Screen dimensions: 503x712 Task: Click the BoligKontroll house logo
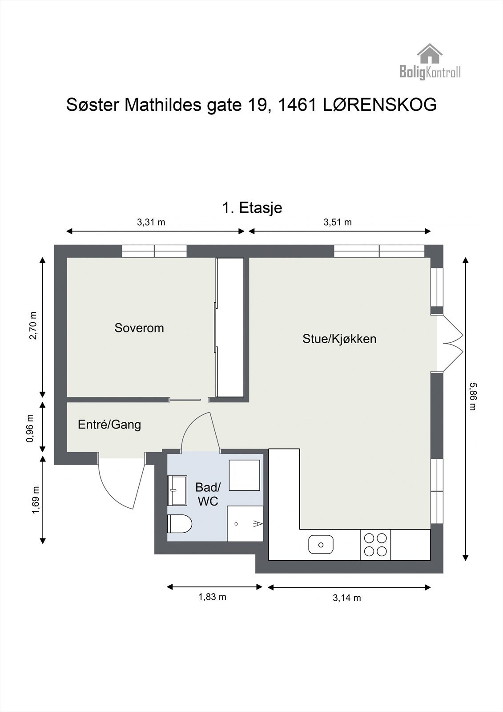pyautogui.click(x=430, y=61)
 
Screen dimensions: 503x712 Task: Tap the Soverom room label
pyautogui.click(x=139, y=328)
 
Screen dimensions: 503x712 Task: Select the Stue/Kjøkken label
pyautogui.click(x=339, y=339)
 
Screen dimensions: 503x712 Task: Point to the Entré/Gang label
pyautogui.click(x=109, y=425)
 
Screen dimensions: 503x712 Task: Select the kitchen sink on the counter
pyautogui.click(x=321, y=545)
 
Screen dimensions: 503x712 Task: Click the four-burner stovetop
pyautogui.click(x=375, y=545)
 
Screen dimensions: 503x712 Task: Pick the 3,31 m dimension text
pyautogui.click(x=151, y=222)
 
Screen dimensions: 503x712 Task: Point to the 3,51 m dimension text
pyautogui.click(x=338, y=222)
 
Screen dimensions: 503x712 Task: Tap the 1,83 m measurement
pyautogui.click(x=212, y=597)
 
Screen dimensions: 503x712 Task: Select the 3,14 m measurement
pyautogui.click(x=346, y=598)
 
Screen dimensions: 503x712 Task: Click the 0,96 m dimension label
pyautogui.click(x=30, y=428)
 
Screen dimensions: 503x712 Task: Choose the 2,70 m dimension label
pyautogui.click(x=33, y=325)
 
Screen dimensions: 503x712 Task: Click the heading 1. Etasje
pyautogui.click(x=252, y=208)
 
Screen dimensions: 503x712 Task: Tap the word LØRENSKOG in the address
pyautogui.click(x=380, y=105)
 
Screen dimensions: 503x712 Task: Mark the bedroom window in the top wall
pyautogui.click(x=154, y=251)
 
